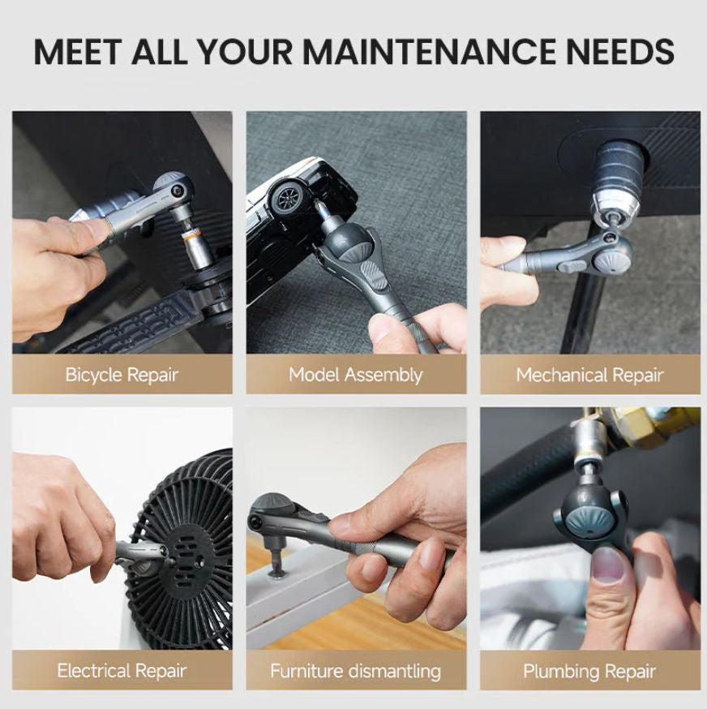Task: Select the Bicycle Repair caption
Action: [122, 375]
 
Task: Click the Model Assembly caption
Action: [356, 375]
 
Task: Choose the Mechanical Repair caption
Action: [589, 375]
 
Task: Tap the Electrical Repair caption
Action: [122, 671]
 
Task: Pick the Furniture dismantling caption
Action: [356, 671]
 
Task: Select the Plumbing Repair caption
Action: [589, 671]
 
